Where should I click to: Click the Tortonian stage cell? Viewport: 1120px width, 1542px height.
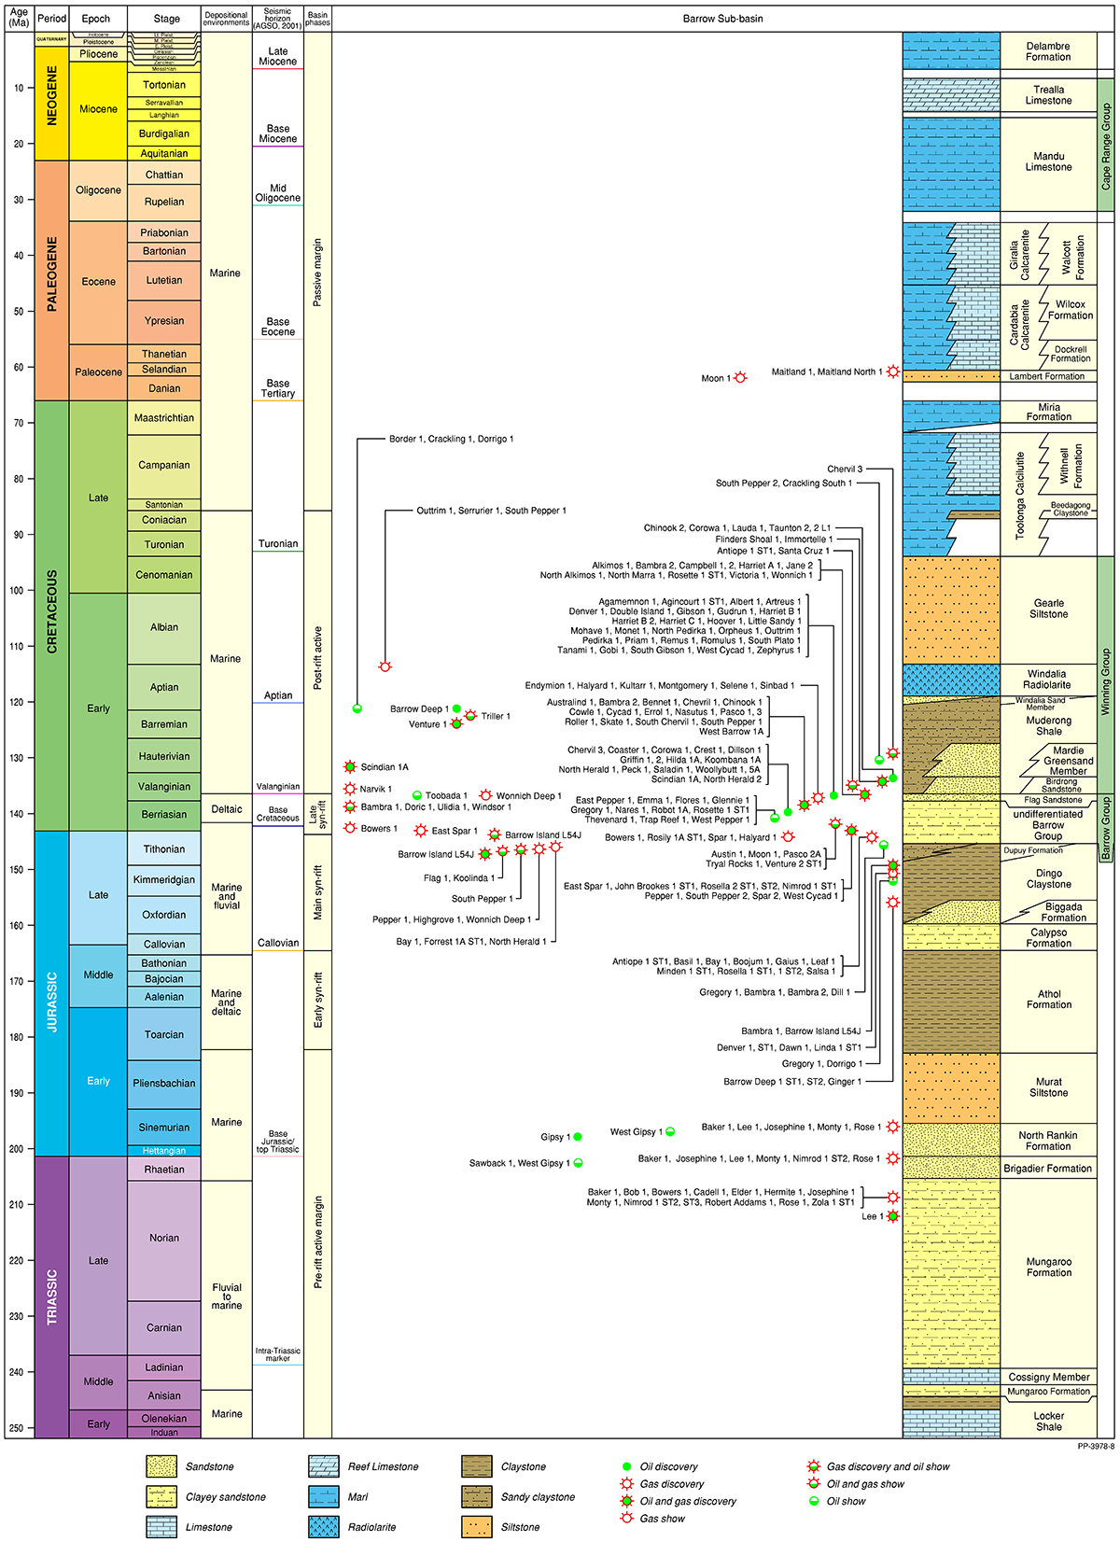coord(163,85)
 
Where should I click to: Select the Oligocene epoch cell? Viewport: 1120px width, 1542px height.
coord(98,190)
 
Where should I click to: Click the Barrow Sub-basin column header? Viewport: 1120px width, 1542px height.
coord(722,19)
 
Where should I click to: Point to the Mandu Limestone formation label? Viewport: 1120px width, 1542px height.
coord(1048,162)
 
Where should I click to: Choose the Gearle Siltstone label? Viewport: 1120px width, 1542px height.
coord(1048,609)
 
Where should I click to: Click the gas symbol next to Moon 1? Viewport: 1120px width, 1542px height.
coord(740,378)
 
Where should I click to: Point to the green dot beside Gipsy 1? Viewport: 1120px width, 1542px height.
coord(578,1137)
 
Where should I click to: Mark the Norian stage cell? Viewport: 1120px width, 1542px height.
coord(163,1238)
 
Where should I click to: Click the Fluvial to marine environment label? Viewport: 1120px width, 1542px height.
coord(227,1297)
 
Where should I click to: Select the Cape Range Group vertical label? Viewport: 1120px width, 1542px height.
coord(1106,147)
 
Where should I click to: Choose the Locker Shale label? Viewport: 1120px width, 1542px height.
coord(1048,1422)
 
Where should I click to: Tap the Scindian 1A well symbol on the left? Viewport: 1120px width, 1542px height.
coord(350,767)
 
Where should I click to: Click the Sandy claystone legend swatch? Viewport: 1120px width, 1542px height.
coord(477,1497)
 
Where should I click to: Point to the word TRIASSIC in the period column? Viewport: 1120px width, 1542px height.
coord(52,1297)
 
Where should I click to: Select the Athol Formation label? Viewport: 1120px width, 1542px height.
coord(1048,1000)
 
